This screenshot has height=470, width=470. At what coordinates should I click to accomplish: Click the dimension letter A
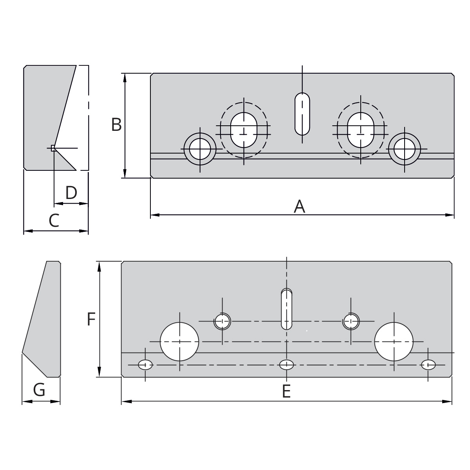(300, 206)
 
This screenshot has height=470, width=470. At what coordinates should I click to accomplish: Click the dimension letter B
(116, 125)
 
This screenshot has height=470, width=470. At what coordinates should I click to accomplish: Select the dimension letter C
(54, 221)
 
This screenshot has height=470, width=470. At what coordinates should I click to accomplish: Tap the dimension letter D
(71, 193)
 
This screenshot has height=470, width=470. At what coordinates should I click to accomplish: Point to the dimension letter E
(286, 391)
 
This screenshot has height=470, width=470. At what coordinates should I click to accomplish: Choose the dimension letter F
(91, 319)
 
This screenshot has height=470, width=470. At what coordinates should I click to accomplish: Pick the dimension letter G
(39, 389)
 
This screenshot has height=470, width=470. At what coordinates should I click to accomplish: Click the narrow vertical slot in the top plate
(302, 114)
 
